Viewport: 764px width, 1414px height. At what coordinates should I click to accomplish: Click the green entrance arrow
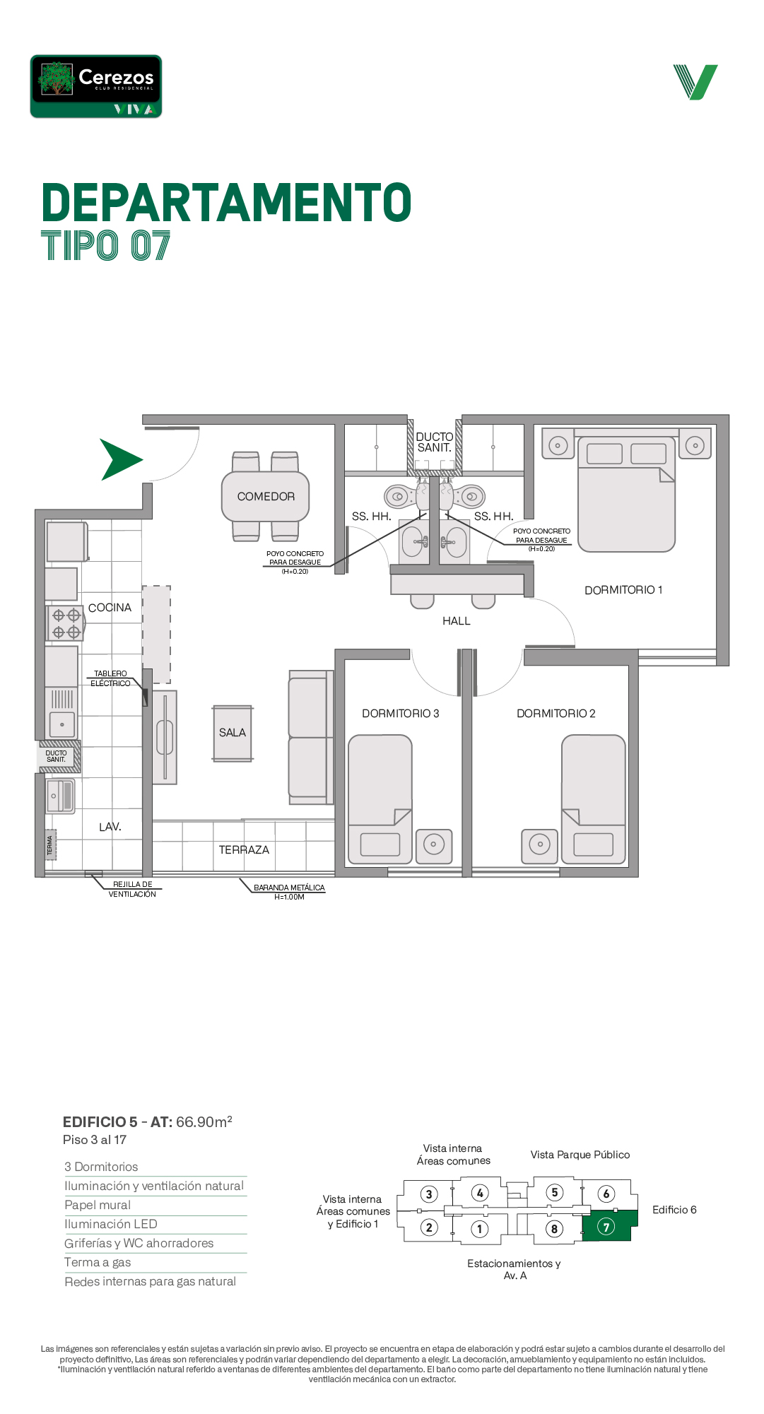point(119,459)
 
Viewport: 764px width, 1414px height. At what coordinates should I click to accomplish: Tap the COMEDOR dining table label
point(266,497)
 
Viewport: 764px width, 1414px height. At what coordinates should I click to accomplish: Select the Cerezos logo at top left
point(96,86)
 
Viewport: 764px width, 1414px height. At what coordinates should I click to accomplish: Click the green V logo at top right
point(695,82)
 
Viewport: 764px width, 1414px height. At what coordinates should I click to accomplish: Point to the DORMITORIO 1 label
point(623,590)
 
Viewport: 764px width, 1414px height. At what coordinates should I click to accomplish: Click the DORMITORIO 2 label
point(556,714)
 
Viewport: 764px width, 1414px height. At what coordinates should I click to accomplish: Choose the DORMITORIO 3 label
point(401,714)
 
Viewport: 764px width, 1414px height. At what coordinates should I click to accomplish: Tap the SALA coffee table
point(233,733)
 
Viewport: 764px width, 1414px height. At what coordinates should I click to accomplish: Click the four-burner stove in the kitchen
point(65,623)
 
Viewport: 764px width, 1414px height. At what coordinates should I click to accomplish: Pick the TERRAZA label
point(244,850)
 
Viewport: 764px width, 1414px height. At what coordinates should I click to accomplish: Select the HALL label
point(457,621)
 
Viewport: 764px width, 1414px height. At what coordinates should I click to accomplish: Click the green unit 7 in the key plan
point(606,1226)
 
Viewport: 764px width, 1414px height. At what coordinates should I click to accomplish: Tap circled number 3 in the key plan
point(429,1194)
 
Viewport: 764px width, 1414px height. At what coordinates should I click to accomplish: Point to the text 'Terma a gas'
point(98,1262)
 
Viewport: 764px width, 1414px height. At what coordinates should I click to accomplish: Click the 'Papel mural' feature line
point(98,1205)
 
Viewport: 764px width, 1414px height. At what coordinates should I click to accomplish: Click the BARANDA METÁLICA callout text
point(289,888)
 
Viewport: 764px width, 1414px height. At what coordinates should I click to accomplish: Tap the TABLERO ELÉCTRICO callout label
point(110,678)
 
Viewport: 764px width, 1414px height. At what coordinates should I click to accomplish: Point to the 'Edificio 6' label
point(674,1210)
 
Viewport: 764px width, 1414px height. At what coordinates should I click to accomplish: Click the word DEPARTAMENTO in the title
point(227,203)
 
